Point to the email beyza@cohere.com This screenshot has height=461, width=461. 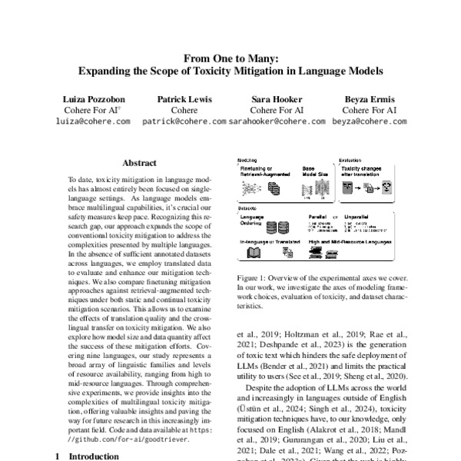tap(369, 121)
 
